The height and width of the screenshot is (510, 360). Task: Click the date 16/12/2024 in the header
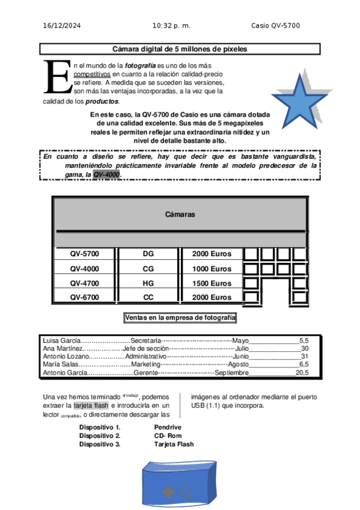click(x=62, y=25)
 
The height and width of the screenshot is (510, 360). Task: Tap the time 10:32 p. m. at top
click(x=171, y=25)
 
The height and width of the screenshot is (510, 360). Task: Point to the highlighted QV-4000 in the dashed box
click(x=106, y=174)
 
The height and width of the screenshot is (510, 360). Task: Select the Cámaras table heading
click(x=180, y=214)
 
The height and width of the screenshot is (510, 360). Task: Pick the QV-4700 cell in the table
click(x=84, y=283)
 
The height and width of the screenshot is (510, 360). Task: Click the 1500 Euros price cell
click(x=212, y=283)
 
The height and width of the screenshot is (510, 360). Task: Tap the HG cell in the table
click(x=148, y=283)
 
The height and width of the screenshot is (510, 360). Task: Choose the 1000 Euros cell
click(x=212, y=268)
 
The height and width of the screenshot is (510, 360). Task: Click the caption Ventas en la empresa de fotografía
click(x=180, y=317)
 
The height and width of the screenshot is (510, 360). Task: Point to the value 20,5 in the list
click(x=302, y=373)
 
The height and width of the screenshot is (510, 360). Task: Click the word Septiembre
click(x=231, y=373)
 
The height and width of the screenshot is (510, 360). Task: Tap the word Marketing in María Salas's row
click(x=146, y=364)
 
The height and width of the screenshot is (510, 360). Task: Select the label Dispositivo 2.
click(x=100, y=435)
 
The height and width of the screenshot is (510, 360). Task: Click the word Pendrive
click(x=168, y=427)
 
